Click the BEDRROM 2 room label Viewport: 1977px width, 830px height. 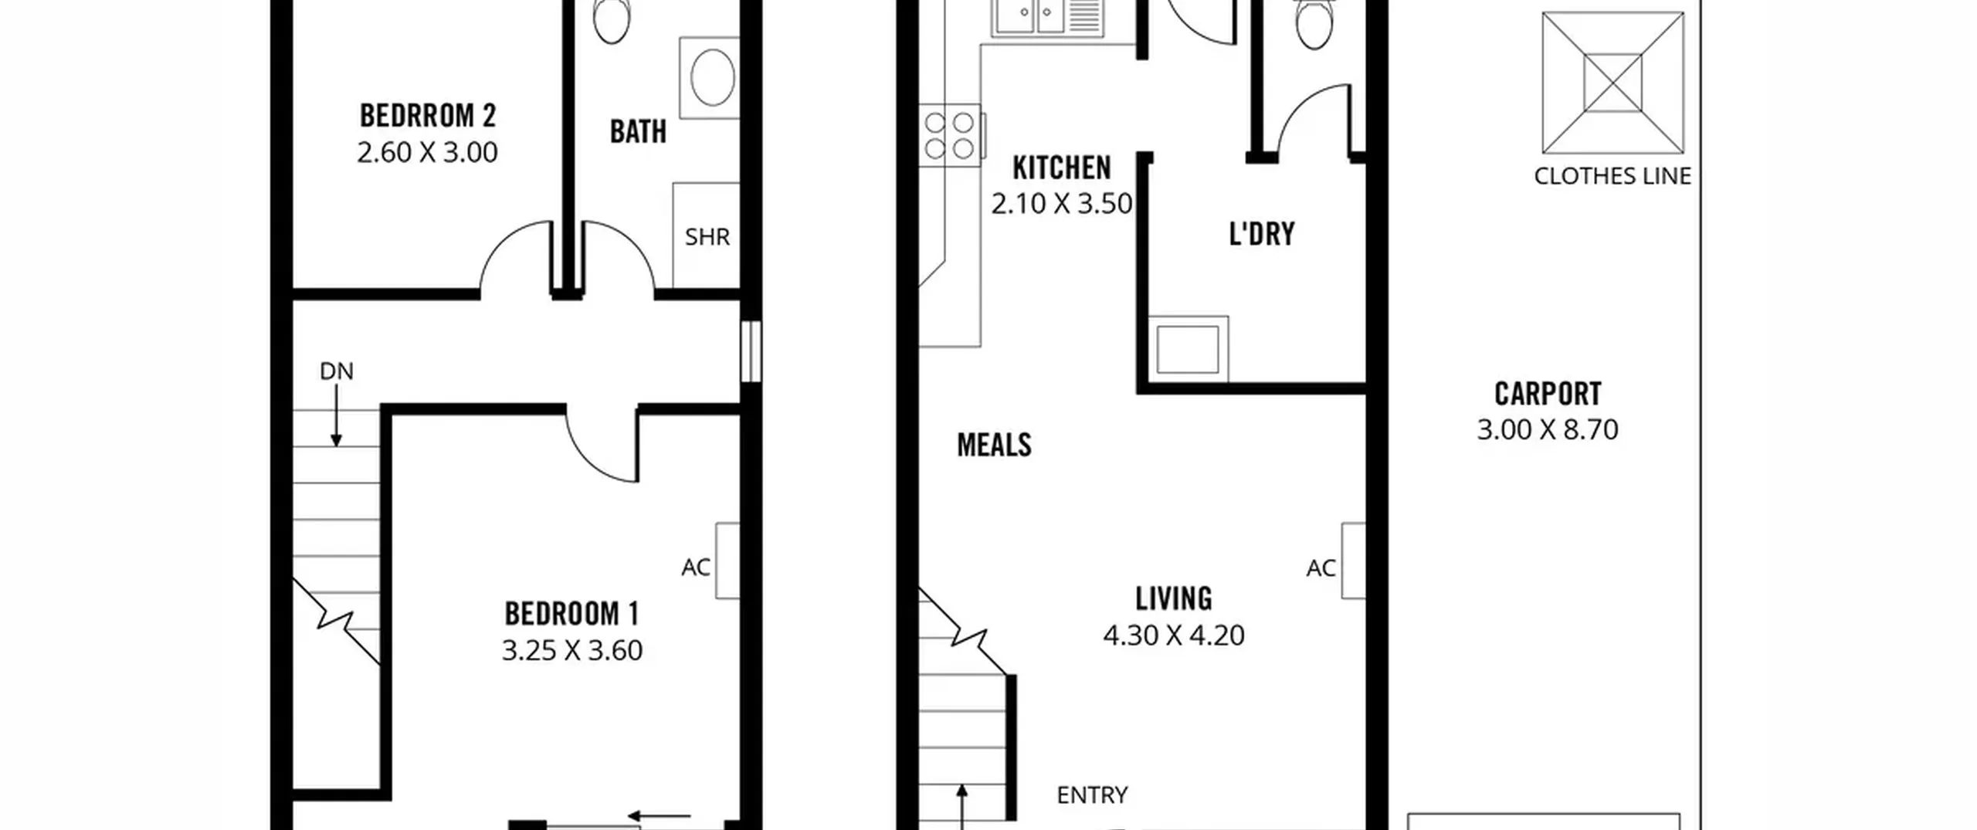(428, 116)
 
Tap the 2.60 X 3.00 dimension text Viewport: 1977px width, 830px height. (427, 152)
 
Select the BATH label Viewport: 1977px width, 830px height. (638, 132)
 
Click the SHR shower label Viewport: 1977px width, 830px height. (707, 236)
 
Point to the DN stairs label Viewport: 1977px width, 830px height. (337, 371)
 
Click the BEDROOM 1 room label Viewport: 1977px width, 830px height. (572, 614)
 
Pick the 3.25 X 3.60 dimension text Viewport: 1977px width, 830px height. (572, 650)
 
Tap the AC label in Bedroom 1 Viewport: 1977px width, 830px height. (696, 567)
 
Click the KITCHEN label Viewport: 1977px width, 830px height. (1062, 168)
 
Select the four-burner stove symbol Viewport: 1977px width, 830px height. (950, 135)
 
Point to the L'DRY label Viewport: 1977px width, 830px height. (1262, 234)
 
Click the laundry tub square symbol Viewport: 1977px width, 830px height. (1188, 349)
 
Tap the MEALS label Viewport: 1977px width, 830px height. (994, 445)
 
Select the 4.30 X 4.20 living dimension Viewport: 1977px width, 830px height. (1174, 635)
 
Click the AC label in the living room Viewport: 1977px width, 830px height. (1321, 568)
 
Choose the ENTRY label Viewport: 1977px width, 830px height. (1092, 794)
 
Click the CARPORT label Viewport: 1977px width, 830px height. (1548, 394)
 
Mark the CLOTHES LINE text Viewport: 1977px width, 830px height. (1612, 176)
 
